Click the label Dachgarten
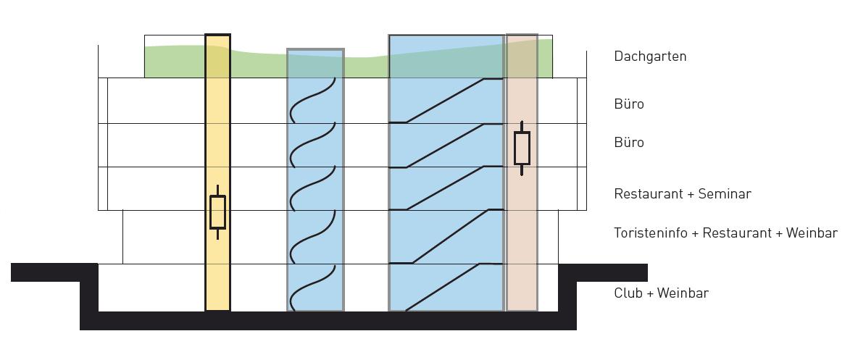[649, 56]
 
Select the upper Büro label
[628, 104]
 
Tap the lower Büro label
[628, 143]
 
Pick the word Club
[628, 293]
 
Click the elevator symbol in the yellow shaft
[217, 212]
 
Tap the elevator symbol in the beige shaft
[522, 148]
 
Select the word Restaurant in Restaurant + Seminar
[648, 194]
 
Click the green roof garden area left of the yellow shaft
[174, 62]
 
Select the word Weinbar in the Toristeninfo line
[811, 233]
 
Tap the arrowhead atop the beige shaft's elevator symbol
[522, 124]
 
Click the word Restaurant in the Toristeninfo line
[736, 233]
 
